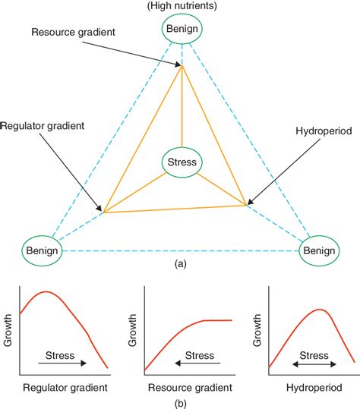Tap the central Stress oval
coord(182,162)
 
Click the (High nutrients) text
coord(181,6)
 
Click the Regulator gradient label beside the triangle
coord(41,124)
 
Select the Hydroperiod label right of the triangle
coord(322,131)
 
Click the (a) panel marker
coord(181,264)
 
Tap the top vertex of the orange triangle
coord(182,66)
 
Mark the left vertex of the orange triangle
coord(104,212)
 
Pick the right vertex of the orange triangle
coord(247,203)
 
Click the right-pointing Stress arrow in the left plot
coord(61,363)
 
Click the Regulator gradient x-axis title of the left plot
coord(62,387)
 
